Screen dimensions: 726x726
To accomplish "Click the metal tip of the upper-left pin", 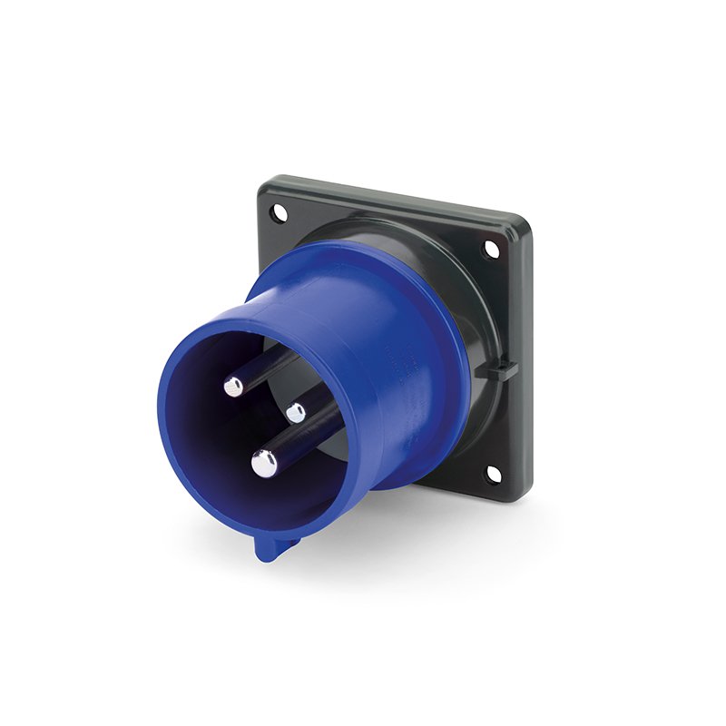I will click(x=234, y=387).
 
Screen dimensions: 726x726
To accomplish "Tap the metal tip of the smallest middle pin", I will click(x=296, y=413).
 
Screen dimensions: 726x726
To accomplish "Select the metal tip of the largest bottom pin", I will click(x=264, y=464).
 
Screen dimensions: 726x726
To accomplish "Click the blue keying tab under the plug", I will click(x=268, y=546).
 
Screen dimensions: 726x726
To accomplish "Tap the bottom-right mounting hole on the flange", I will click(x=491, y=474).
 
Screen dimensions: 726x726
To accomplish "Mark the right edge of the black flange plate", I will click(x=528, y=363).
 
